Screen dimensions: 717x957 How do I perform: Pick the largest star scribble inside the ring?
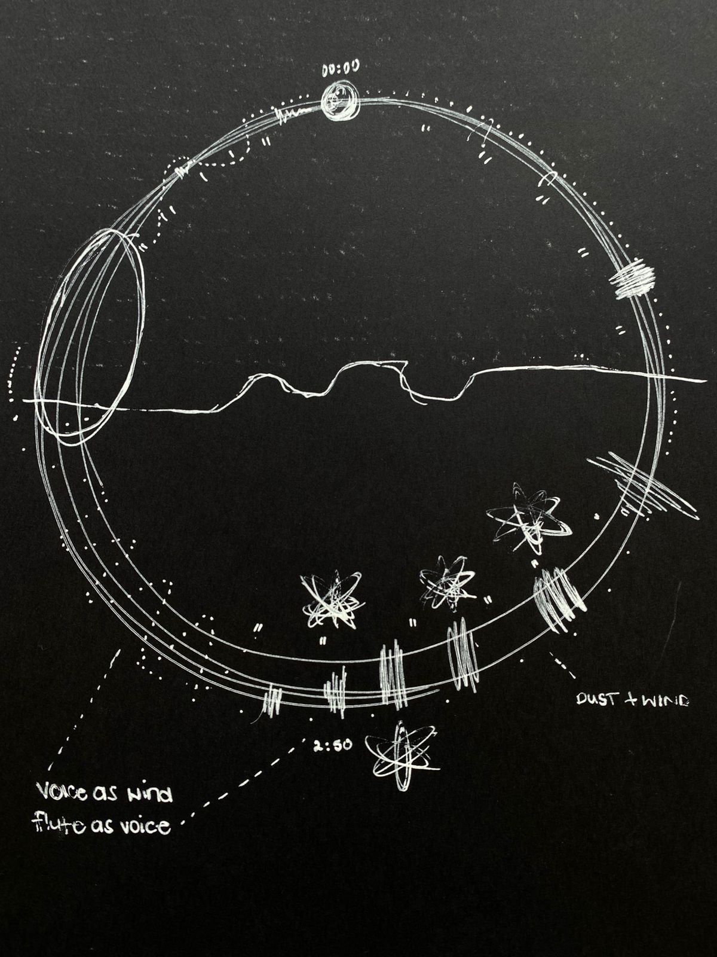pos(529,517)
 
